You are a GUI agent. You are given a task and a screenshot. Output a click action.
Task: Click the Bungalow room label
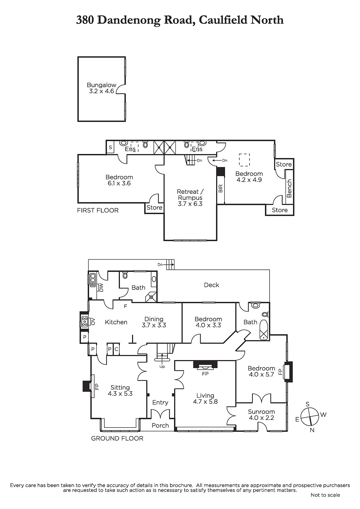(x=102, y=88)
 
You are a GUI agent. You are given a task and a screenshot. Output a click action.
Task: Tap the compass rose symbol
(x=309, y=417)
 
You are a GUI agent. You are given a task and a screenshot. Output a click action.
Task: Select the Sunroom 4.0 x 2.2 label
(x=261, y=415)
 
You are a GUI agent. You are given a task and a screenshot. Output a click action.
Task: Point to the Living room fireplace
(x=205, y=365)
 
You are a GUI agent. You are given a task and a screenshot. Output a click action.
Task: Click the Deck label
(x=211, y=285)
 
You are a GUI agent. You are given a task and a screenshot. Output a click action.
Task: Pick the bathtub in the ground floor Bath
(x=264, y=330)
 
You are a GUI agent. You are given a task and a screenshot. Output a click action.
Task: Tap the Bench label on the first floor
(x=289, y=188)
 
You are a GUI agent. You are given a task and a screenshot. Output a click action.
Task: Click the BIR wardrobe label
(x=221, y=188)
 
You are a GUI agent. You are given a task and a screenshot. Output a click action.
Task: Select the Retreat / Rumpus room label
(x=190, y=198)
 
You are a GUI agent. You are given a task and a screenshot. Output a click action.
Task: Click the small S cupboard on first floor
(x=110, y=147)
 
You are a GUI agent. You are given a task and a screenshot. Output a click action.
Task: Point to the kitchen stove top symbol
(x=85, y=322)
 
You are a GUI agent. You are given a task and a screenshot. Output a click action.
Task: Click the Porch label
(x=160, y=426)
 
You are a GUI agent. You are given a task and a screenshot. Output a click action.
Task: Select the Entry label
(x=160, y=402)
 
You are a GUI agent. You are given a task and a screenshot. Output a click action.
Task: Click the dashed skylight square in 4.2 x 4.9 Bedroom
(x=244, y=160)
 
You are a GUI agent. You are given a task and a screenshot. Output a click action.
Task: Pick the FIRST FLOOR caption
(x=98, y=210)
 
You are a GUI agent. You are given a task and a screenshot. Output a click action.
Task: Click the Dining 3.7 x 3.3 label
(x=154, y=322)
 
